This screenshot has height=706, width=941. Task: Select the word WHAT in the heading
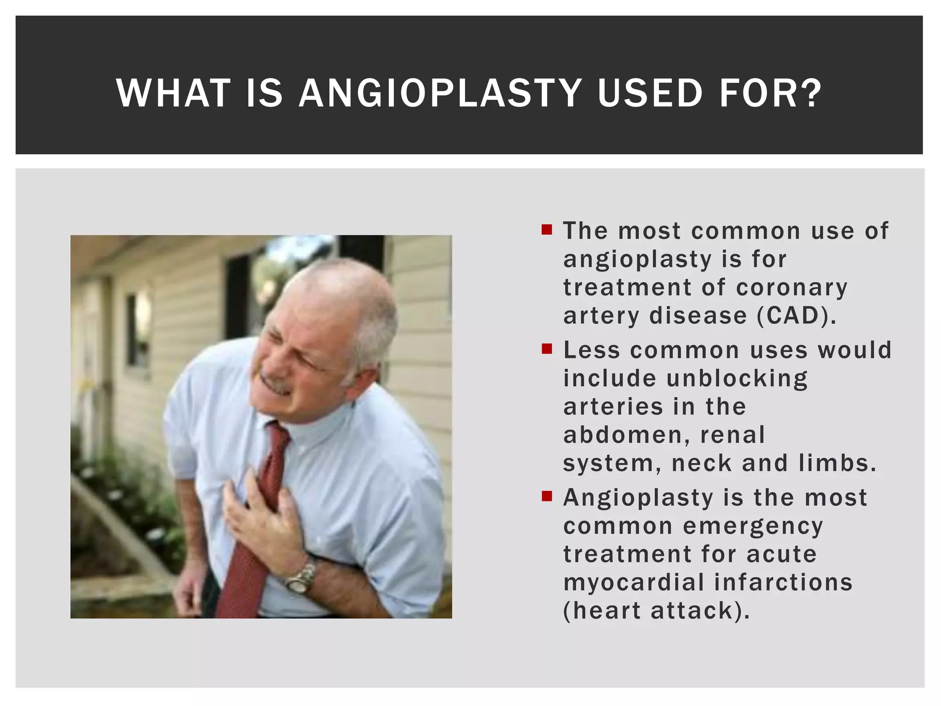coord(173,93)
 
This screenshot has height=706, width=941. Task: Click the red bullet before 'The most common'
coord(546,229)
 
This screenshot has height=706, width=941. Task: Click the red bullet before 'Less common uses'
coord(546,349)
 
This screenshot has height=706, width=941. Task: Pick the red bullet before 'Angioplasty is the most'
coord(546,496)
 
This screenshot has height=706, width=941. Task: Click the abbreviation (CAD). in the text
coord(796,316)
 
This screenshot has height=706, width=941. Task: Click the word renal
coord(732,435)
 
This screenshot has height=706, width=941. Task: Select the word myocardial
coord(634,582)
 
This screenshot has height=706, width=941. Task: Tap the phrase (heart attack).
coord(656,611)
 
